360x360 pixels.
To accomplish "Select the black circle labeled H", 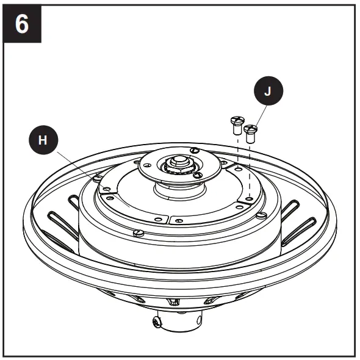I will [43, 140].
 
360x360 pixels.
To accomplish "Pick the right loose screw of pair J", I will [250, 131].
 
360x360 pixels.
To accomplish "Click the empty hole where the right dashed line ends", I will [250, 198].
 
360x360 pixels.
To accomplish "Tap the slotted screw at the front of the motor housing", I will [138, 232].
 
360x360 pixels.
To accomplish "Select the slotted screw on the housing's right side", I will [261, 214].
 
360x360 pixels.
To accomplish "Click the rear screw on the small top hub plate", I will [193, 149].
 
